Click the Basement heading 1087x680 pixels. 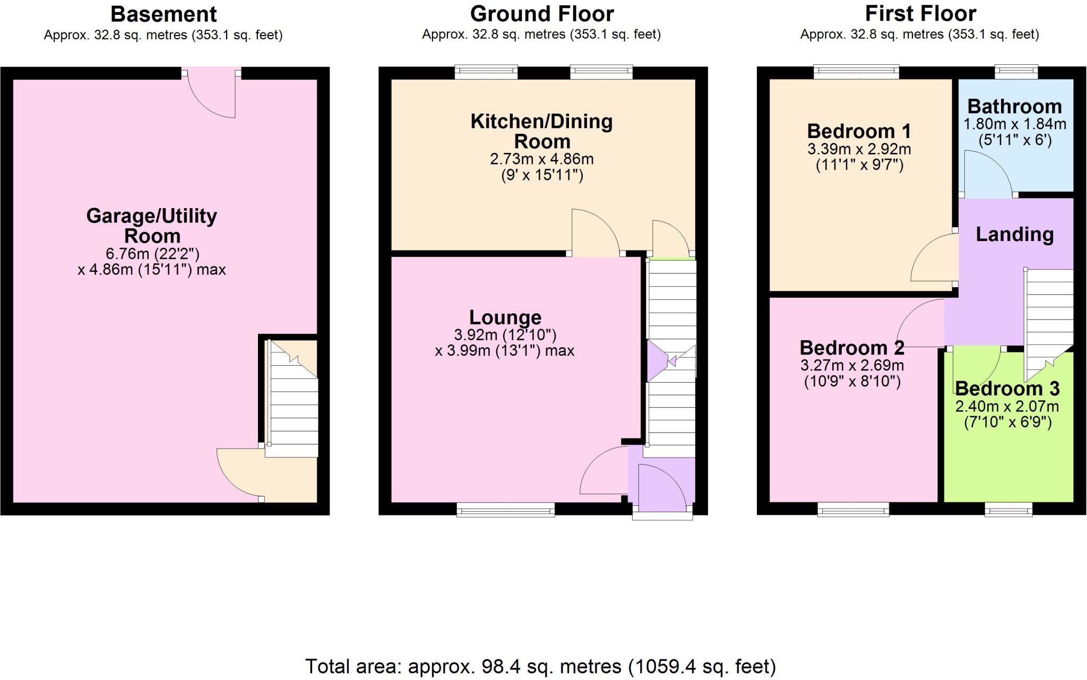(x=163, y=14)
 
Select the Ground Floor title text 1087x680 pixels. (x=541, y=14)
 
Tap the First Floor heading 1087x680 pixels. (x=920, y=14)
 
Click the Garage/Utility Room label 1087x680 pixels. (x=152, y=225)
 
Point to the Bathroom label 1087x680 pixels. (x=1014, y=107)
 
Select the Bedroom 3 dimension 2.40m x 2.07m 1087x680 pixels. (x=1007, y=407)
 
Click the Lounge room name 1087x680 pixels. (x=505, y=317)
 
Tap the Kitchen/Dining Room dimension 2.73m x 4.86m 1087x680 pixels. (x=541, y=159)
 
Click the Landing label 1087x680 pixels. (x=1014, y=234)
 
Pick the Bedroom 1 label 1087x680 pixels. (x=859, y=131)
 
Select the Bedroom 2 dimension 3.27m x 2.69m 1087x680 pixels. (x=852, y=365)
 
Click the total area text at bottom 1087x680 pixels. (x=540, y=666)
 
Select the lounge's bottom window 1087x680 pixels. (x=505, y=510)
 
